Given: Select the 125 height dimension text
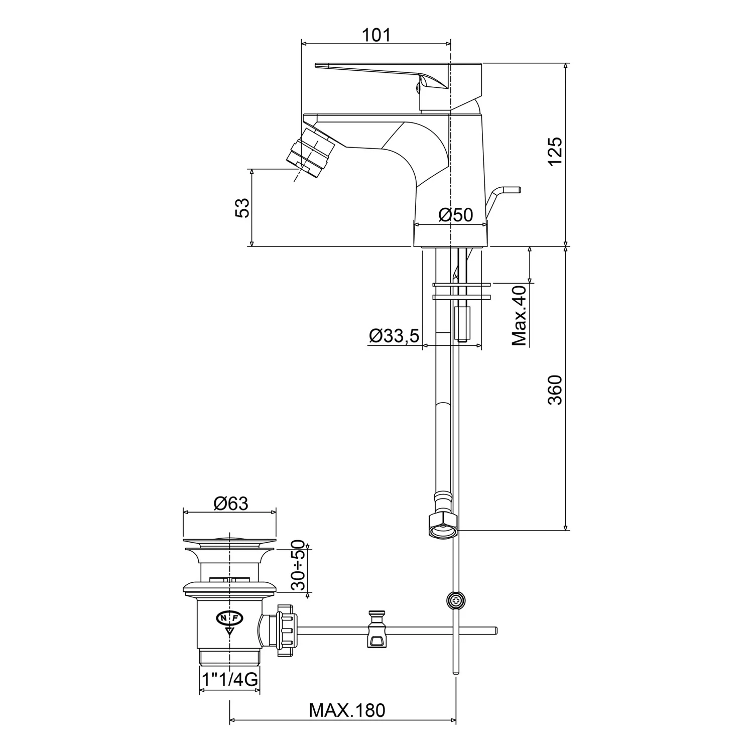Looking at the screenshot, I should pos(555,152).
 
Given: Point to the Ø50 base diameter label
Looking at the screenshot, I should pos(455,215).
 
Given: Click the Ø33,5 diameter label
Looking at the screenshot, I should pos(394,336).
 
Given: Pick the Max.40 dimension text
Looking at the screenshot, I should pos(520,315).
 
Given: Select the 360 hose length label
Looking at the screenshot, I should pos(555,390).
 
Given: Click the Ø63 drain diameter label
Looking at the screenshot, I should pos(231,503).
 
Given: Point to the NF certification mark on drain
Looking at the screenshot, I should pos(230,617).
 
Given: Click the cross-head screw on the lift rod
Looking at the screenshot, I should pos(455,599).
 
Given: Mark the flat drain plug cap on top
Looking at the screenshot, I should pos(230,541).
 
